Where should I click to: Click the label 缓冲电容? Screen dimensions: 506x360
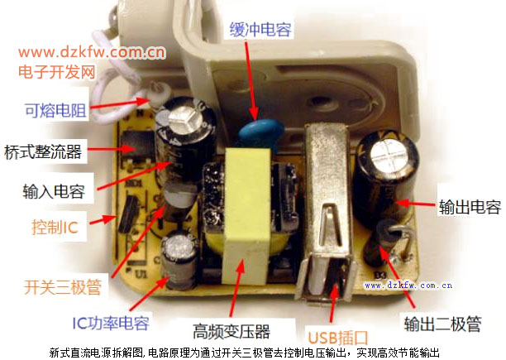point(260,30)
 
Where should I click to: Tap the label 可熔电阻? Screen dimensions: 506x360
point(56,110)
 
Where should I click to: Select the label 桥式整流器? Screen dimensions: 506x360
point(43,151)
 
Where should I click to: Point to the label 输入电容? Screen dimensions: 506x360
point(54,191)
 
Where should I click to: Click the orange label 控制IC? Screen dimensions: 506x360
point(55,227)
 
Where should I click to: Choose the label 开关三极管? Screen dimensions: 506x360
point(63,286)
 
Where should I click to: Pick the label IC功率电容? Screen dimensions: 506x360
point(111,323)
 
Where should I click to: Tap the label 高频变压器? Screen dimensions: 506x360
point(232,331)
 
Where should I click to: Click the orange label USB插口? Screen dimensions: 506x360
point(338,338)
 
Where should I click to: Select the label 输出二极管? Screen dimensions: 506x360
point(443,324)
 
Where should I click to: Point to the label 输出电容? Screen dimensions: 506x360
point(470,207)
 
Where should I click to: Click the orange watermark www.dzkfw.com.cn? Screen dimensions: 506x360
point(92,52)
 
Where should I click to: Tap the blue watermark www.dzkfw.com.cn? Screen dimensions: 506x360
point(408,286)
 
